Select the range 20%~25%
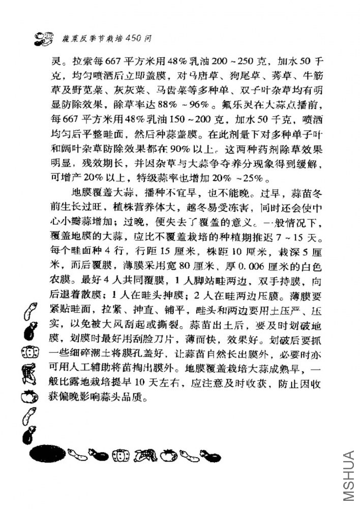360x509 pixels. click(x=242, y=181)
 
